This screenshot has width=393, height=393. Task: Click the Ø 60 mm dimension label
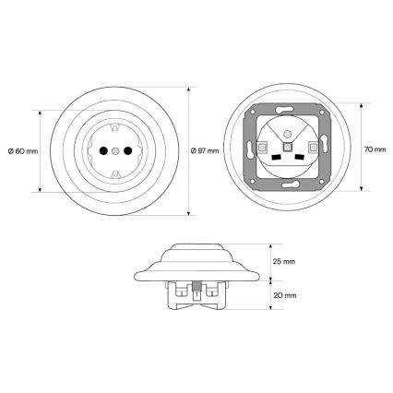tap(23, 151)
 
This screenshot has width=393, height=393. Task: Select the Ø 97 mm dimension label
tap(205, 150)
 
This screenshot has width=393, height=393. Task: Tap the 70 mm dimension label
tap(375, 149)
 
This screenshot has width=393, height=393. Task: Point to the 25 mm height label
tap(284, 262)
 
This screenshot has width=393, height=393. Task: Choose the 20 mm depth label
tap(285, 295)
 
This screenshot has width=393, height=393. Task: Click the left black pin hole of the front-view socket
tap(103, 150)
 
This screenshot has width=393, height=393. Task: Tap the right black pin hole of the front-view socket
tap(127, 150)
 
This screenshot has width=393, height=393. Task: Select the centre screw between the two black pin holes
tap(115, 150)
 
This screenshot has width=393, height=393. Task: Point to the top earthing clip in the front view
tap(115, 127)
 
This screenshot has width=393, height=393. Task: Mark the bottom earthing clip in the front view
tap(115, 174)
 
